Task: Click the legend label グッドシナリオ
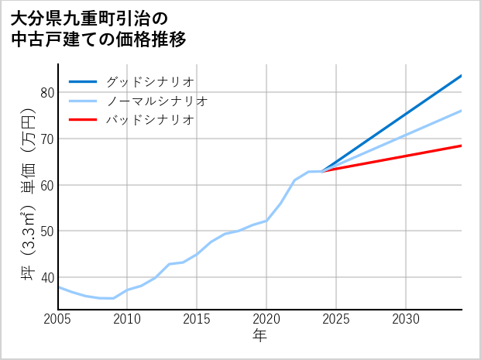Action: (149, 81)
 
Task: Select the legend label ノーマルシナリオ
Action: (156, 101)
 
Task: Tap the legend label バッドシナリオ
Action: (149, 120)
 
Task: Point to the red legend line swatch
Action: (83, 120)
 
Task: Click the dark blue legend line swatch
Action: (83, 81)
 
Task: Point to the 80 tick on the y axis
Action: (47, 93)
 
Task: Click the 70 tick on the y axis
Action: (47, 139)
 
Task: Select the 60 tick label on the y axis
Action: (47, 185)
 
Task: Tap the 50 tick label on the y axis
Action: (47, 231)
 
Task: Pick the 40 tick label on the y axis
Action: (47, 277)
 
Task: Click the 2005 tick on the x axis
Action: (58, 319)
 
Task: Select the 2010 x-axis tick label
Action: (127, 319)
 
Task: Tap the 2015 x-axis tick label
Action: (197, 319)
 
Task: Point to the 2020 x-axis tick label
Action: (266, 319)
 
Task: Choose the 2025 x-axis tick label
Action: (336, 319)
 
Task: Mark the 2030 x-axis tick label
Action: (406, 319)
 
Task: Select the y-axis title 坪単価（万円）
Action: (28, 197)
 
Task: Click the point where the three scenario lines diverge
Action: (322, 171)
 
